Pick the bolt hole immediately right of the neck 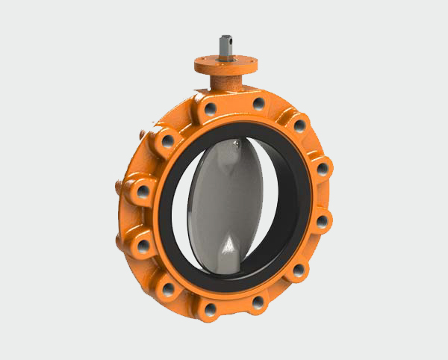(258, 104)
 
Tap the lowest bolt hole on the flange (211, 308)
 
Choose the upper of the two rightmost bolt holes (322, 169)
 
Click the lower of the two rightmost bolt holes (322, 220)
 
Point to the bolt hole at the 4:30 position (298, 268)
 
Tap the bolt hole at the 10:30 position (168, 140)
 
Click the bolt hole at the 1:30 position (299, 124)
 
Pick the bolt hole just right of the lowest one (258, 302)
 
